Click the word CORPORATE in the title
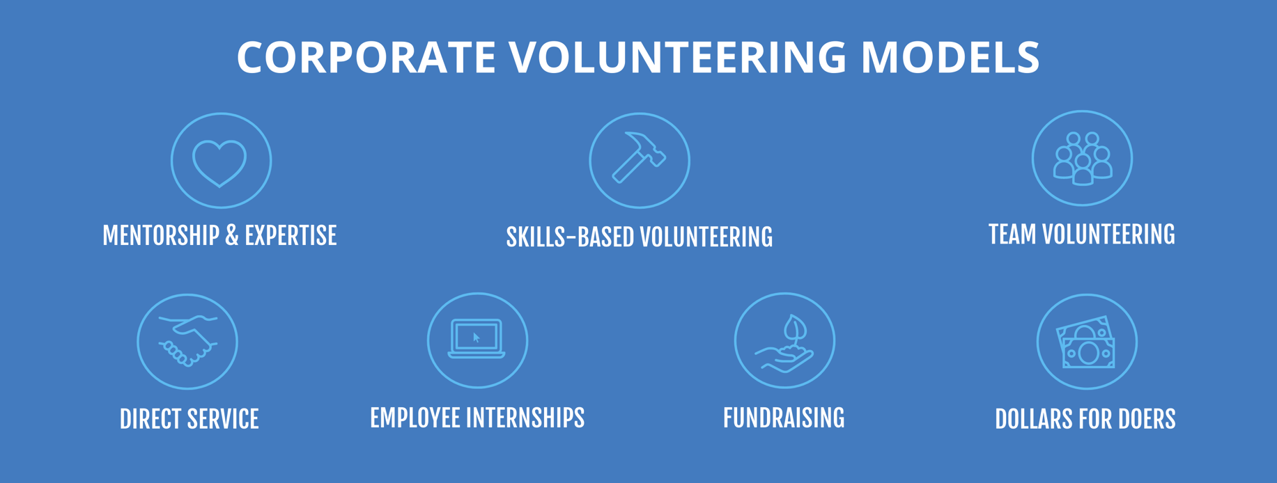(x=366, y=57)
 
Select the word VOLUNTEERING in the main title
(x=676, y=57)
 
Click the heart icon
(x=220, y=161)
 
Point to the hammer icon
(x=639, y=159)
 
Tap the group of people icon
(x=1082, y=159)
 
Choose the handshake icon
(x=187, y=340)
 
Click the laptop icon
(x=477, y=339)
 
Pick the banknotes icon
(x=1086, y=342)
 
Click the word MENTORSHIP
(x=161, y=236)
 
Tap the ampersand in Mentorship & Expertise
(x=232, y=236)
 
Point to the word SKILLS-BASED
(x=569, y=237)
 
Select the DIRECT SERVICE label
(x=189, y=419)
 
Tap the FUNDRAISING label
(x=784, y=418)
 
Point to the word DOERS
(x=1146, y=419)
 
